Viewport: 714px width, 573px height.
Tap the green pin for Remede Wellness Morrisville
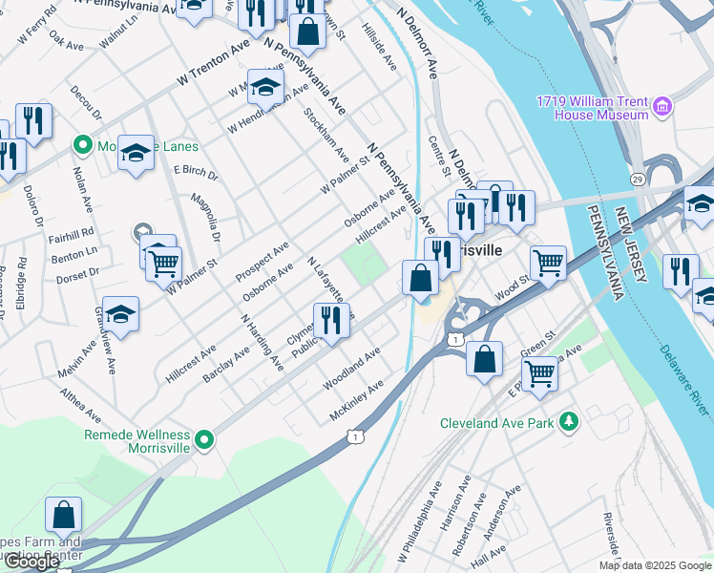pos(203,440)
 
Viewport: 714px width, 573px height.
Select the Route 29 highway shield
pos(637,179)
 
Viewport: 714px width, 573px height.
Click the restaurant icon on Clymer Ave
pos(330,319)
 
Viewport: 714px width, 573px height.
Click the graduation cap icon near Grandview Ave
pos(121,313)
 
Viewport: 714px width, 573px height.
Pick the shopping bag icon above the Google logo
pos(63,515)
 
